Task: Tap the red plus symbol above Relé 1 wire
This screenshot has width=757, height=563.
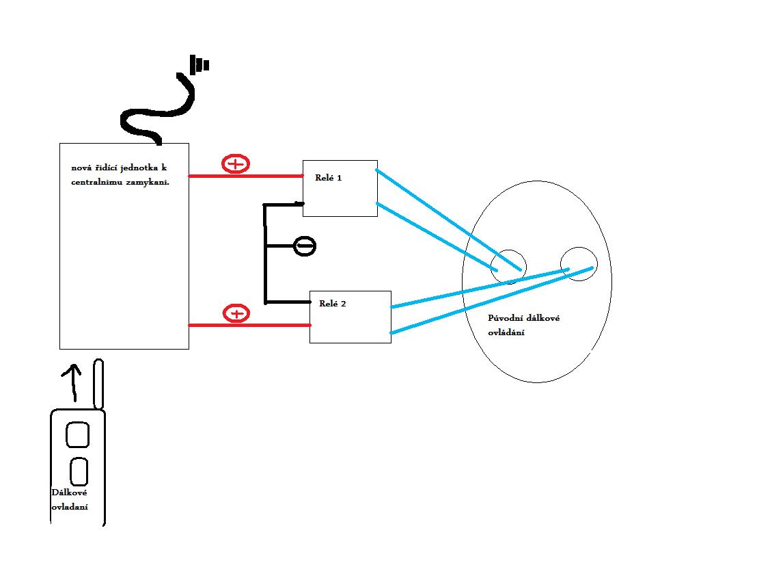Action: pyautogui.click(x=236, y=164)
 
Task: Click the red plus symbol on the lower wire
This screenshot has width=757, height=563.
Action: pyautogui.click(x=236, y=314)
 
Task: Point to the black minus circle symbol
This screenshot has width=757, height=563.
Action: pyautogui.click(x=305, y=246)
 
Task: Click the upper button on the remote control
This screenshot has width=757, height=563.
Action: pyautogui.click(x=77, y=435)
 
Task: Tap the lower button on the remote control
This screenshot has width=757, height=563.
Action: pyautogui.click(x=79, y=471)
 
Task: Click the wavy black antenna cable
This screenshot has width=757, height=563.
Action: pyautogui.click(x=157, y=113)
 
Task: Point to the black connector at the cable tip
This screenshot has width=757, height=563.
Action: pyautogui.click(x=199, y=65)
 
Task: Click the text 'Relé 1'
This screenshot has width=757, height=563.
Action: pyautogui.click(x=328, y=177)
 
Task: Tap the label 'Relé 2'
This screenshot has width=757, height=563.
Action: pyautogui.click(x=332, y=303)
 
